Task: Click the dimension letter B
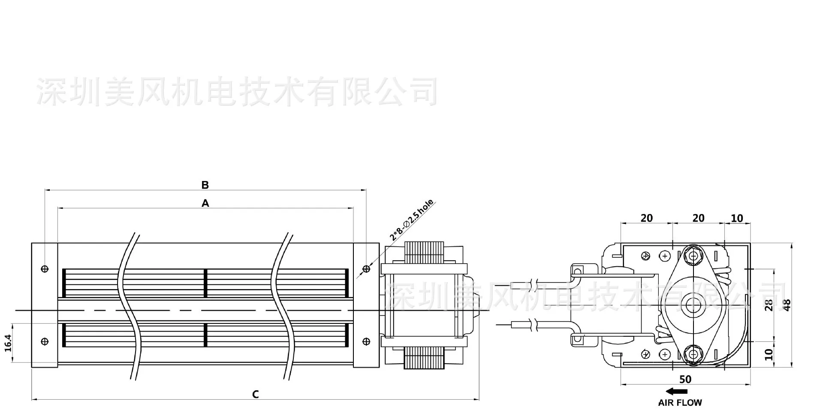pos(205,185)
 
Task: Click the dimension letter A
pos(205,203)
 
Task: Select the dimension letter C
pos(256,394)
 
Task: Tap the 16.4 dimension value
pos(8,343)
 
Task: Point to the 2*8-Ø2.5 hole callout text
pos(411,219)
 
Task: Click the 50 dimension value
pos(685,379)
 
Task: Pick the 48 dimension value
pos(787,305)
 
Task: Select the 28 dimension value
pos(769,305)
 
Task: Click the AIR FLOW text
pos(680,403)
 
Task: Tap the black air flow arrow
pos(677,391)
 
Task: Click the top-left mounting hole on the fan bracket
pos(45,269)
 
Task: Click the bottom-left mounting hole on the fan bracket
pos(45,341)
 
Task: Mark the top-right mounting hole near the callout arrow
pos(366,269)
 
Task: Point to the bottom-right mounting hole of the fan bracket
pos(366,341)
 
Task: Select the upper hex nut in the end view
pos(692,256)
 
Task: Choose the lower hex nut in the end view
pos(692,354)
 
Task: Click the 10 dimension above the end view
pos(737,218)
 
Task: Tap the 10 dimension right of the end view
pos(769,354)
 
